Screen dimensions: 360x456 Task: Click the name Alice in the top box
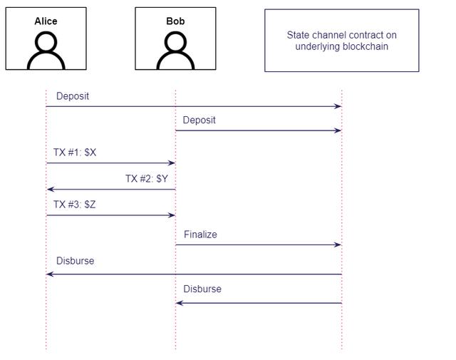(46, 21)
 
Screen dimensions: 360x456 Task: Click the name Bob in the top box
(175, 21)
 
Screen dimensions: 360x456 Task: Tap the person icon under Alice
(46, 51)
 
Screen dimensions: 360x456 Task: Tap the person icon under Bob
(175, 51)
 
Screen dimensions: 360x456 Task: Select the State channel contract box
(341, 41)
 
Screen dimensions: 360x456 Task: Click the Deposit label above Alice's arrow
(73, 96)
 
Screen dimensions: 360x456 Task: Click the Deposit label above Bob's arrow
(199, 120)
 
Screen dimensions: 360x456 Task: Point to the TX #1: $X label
(75, 153)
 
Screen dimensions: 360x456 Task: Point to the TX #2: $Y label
(147, 178)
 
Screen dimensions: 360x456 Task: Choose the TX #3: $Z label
(75, 205)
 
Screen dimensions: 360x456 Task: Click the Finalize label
(200, 235)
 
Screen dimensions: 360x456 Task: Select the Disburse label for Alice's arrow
(75, 261)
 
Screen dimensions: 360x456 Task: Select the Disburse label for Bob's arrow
(202, 289)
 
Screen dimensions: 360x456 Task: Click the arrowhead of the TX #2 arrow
(50, 189)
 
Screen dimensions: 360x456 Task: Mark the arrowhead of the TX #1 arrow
(172, 163)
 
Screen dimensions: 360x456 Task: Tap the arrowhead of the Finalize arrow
(338, 245)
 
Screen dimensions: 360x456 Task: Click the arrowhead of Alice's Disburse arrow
(50, 274)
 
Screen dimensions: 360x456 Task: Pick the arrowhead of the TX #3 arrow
(172, 215)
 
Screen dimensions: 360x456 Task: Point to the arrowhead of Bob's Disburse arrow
(180, 303)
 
